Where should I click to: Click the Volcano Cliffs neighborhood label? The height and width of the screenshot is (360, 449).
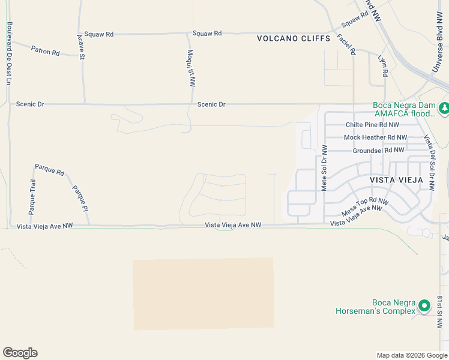click(x=294, y=38)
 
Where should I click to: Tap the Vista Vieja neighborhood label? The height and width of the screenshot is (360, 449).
click(x=396, y=179)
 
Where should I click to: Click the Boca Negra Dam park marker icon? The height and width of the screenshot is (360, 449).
click(x=444, y=109)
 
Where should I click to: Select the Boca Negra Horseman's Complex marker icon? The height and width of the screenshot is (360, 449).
click(x=424, y=306)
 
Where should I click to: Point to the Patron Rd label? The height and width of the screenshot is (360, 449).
click(x=46, y=52)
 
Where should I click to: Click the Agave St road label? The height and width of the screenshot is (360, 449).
click(x=81, y=46)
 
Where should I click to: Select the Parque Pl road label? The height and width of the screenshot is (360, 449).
click(x=80, y=199)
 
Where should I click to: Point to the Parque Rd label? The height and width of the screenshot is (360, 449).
click(x=49, y=170)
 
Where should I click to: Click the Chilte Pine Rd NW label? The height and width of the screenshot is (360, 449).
click(x=372, y=125)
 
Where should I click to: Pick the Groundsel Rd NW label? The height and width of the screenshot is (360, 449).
click(x=378, y=150)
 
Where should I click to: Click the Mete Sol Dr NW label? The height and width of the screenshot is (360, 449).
click(x=324, y=168)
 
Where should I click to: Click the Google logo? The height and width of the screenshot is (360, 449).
click(x=20, y=353)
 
